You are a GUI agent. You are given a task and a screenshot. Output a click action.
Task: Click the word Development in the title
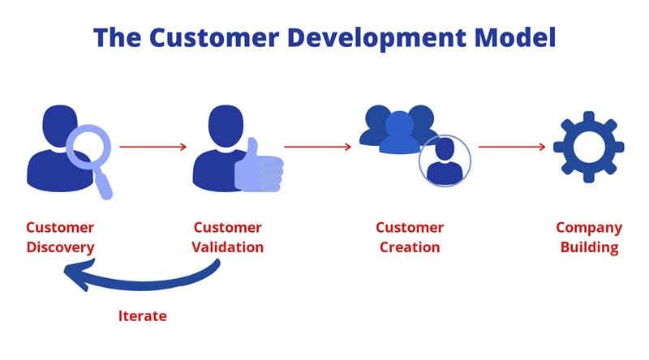[x=378, y=38]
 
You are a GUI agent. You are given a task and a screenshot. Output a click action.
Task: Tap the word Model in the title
[x=515, y=36]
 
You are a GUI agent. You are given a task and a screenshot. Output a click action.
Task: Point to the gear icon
[x=589, y=147]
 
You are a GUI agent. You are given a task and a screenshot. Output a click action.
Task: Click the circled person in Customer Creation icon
[x=445, y=161]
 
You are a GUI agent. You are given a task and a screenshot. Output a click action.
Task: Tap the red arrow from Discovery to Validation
[x=153, y=147]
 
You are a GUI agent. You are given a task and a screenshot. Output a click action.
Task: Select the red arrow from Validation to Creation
[x=317, y=147]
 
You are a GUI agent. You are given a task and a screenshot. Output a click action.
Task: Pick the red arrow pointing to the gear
[x=512, y=147]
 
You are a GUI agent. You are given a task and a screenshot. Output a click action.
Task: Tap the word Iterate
[x=143, y=315]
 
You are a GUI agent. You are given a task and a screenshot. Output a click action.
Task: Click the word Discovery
[x=60, y=247]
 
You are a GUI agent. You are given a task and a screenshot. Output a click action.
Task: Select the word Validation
[x=228, y=247]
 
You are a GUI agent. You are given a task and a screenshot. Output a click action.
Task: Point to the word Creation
[x=410, y=247]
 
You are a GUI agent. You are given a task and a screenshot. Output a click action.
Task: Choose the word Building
[x=590, y=247]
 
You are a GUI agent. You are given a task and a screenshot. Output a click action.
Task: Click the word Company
[x=589, y=228]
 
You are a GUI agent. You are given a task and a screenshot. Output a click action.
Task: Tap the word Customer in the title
[x=214, y=36]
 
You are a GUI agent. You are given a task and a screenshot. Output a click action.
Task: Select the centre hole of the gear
[x=589, y=147]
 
